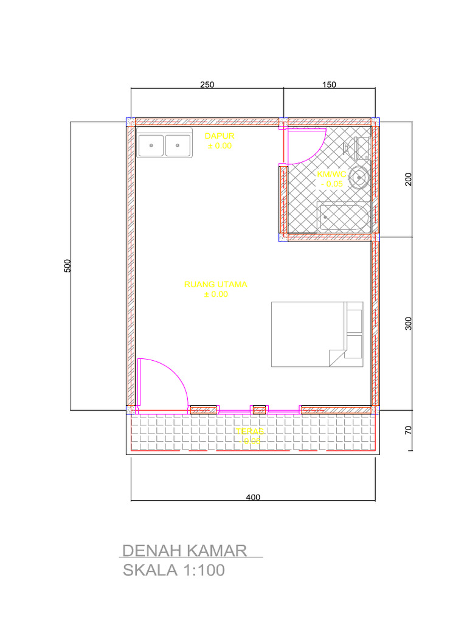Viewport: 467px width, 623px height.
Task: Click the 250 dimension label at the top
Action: click(207, 85)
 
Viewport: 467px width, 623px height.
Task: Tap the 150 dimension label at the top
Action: click(329, 85)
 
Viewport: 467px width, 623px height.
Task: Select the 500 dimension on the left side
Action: click(68, 266)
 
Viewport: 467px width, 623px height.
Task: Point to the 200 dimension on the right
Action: click(409, 179)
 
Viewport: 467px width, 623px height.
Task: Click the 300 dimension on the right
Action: click(409, 324)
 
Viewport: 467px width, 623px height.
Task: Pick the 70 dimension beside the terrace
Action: click(409, 430)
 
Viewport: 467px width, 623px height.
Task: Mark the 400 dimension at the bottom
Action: click(253, 497)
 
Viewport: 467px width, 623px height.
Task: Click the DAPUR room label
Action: click(220, 136)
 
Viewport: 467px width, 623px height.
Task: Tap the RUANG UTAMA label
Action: click(216, 284)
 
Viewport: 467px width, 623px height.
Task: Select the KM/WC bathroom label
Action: click(331, 174)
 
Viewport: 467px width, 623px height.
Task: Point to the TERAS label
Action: click(250, 431)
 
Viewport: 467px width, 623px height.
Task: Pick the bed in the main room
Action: click(317, 334)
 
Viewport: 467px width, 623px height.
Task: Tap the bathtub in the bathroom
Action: click(344, 217)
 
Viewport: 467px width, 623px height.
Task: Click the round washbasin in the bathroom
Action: click(360, 178)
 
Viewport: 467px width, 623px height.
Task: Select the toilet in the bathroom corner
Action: click(359, 147)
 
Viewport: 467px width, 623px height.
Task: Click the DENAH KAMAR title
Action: click(184, 551)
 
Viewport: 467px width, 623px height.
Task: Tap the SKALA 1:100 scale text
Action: click(174, 571)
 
